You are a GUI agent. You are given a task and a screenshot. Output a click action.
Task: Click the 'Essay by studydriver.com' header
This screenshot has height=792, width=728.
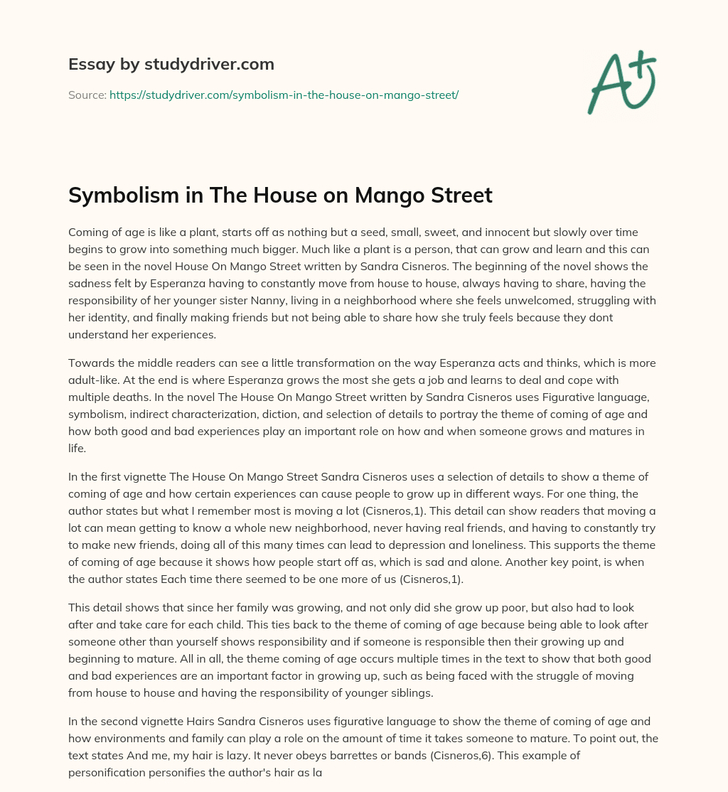(x=171, y=64)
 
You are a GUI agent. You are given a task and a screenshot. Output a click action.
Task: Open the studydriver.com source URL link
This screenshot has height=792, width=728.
(x=284, y=95)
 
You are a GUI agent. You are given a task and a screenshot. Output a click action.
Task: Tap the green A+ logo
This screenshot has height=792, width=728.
(x=621, y=82)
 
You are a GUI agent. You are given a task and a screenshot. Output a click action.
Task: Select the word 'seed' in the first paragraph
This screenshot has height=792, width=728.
(x=341, y=232)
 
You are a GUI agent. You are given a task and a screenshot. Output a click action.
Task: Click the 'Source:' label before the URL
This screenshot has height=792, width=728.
(x=87, y=95)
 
